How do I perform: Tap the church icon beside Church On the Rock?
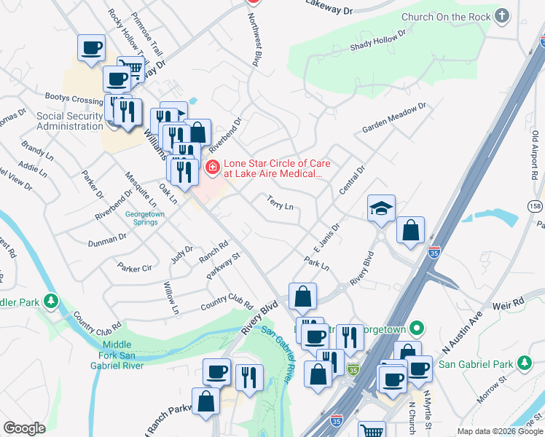[501, 16]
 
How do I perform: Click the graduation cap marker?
[381, 208]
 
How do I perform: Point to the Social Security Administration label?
[69, 121]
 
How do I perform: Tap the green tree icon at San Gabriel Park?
[524, 363]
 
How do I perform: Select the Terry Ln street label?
[280, 202]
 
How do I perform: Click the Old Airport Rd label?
[536, 156]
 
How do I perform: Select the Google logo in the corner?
[24, 428]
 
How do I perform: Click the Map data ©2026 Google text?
[499, 431]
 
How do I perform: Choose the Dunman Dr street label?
[107, 240]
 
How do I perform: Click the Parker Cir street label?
[135, 269]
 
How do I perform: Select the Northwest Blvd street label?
[256, 48]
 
